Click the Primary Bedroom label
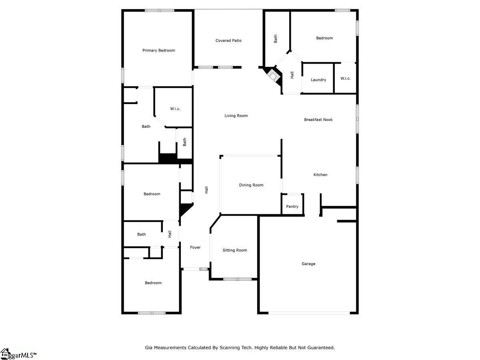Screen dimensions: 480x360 click(x=158, y=50)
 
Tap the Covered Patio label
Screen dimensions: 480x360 click(x=228, y=41)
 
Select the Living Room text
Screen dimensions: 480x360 click(x=236, y=116)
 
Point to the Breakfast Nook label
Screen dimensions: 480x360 click(x=318, y=120)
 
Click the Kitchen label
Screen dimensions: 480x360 click(x=320, y=175)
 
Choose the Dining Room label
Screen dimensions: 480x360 click(x=251, y=185)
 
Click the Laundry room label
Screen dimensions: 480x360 click(x=318, y=80)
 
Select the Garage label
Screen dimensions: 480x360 click(x=308, y=264)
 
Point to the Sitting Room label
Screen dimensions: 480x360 click(x=235, y=250)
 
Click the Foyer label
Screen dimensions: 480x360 click(x=195, y=248)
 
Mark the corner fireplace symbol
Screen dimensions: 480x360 click(x=273, y=76)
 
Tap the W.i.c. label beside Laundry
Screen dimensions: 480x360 click(x=346, y=78)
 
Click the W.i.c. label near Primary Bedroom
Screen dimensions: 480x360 click(x=175, y=109)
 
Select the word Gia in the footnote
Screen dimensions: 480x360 click(x=148, y=348)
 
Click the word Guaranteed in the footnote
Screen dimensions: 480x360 click(x=321, y=348)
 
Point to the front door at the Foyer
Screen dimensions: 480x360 click(x=194, y=269)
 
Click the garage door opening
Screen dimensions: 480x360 click(x=309, y=313)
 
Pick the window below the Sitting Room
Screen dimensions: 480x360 click(x=237, y=279)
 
